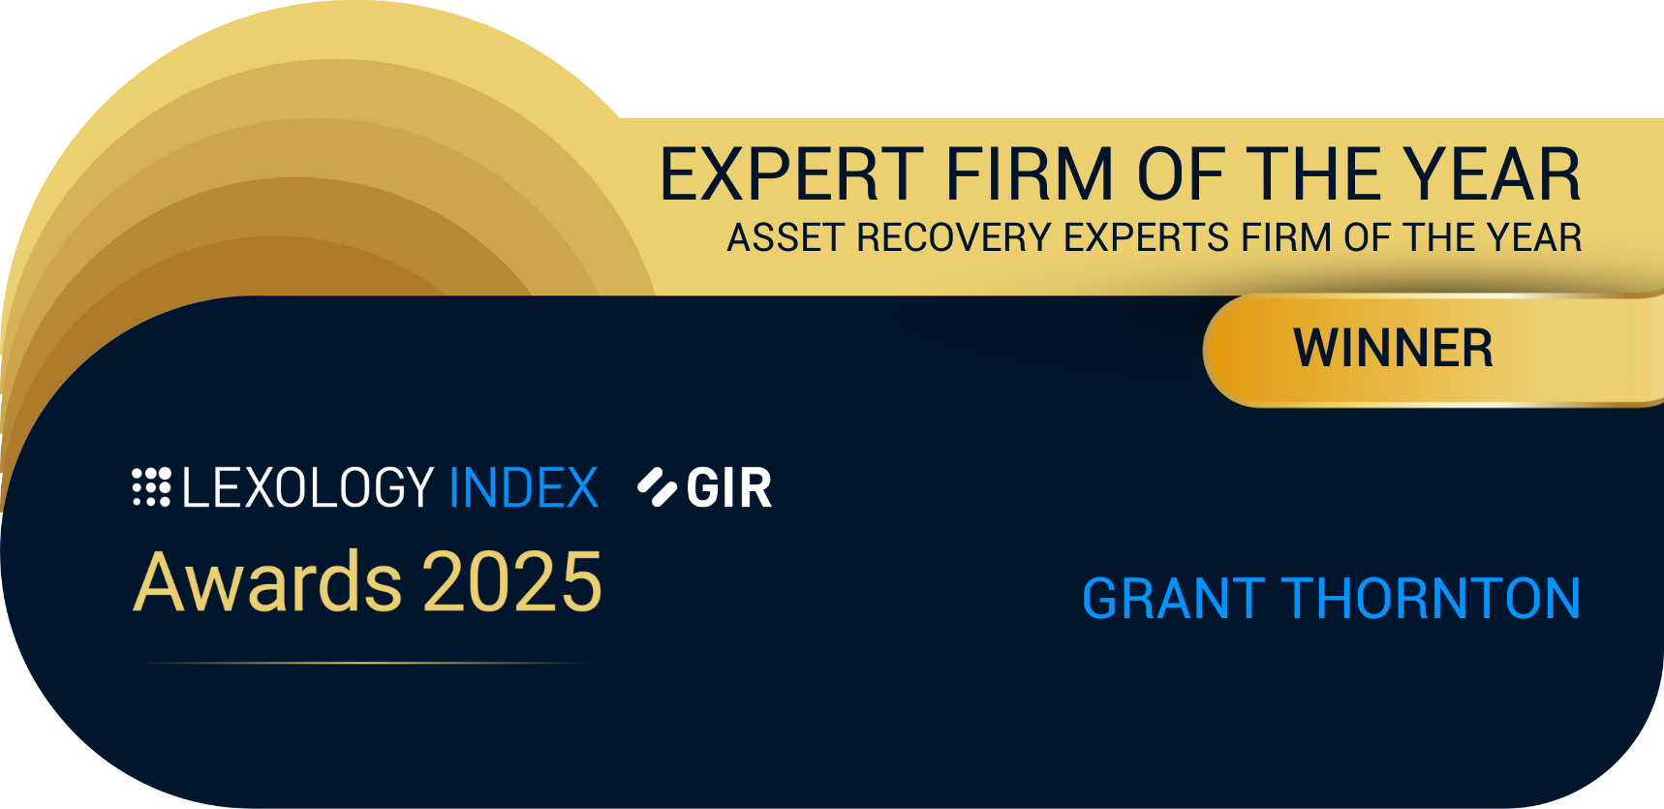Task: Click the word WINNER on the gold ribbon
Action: (x=1393, y=349)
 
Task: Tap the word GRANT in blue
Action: (x=1173, y=599)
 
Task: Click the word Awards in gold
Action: (x=266, y=582)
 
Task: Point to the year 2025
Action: (x=512, y=582)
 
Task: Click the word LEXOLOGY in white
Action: (x=308, y=487)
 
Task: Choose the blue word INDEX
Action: (x=524, y=487)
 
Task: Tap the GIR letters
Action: (x=729, y=487)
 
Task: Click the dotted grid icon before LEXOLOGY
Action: (x=151, y=487)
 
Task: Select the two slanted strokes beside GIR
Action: (x=657, y=487)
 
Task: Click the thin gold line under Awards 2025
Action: (x=363, y=663)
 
